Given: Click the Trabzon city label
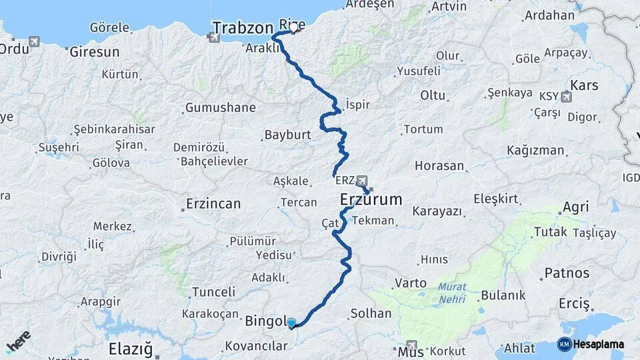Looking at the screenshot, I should point(243,28).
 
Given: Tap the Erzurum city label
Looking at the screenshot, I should point(371,199).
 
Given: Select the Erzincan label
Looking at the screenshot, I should point(213,203).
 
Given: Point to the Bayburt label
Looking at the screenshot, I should point(288,135).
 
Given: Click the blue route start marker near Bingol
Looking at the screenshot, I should point(291,323).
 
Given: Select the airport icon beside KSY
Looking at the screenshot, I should point(567,97).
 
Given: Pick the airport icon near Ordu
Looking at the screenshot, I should point(34,41).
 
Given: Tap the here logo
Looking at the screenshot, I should point(19,341).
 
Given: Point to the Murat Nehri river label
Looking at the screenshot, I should point(453,293).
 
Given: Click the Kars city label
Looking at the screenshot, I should point(584,85).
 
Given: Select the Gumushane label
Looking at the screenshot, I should point(220,107).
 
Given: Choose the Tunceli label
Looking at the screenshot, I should point(213,291).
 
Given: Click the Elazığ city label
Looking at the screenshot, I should point(131,349).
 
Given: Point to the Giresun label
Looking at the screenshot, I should point(95,51).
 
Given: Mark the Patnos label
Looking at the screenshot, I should point(567,273).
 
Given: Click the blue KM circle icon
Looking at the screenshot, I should point(565,345).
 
